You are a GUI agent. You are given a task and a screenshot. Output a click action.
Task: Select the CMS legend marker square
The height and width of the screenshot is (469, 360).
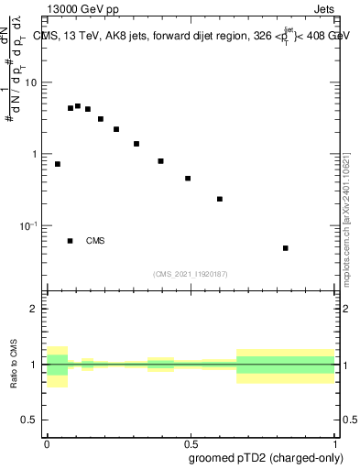click(x=71, y=241)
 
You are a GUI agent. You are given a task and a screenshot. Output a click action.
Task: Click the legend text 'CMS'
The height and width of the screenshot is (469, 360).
click(x=95, y=241)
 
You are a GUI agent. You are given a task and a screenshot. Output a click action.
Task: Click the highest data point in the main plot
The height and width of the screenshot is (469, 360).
click(x=78, y=106)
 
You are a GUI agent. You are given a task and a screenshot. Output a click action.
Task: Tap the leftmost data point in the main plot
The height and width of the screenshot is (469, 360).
click(x=58, y=164)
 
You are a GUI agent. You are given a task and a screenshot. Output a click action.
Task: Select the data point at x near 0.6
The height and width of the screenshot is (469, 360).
click(x=220, y=199)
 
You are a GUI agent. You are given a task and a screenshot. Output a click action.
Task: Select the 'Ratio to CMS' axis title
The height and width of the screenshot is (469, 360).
click(x=14, y=365)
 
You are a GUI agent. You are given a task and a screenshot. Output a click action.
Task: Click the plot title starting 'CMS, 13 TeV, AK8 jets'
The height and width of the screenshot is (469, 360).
click(x=191, y=36)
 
